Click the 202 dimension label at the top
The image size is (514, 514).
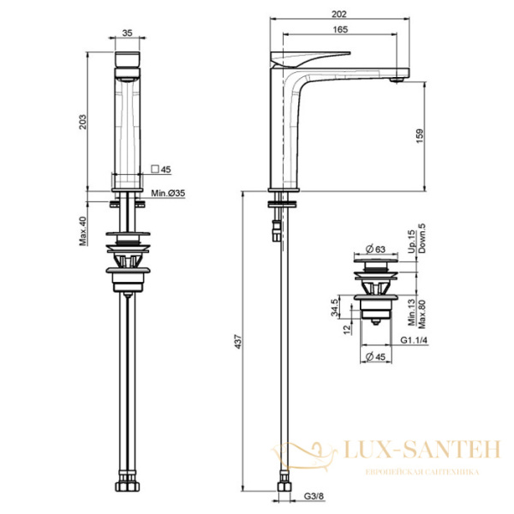[339, 14]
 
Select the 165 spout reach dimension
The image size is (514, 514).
[340, 29]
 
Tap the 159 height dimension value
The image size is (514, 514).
[420, 136]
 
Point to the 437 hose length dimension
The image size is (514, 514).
[239, 341]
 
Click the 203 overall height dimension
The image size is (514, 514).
[83, 122]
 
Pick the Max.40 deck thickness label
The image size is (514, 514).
[82, 231]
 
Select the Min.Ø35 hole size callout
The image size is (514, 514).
[168, 193]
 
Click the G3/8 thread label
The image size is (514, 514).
[314, 496]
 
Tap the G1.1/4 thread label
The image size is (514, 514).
[414, 340]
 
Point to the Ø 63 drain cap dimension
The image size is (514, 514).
[375, 249]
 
